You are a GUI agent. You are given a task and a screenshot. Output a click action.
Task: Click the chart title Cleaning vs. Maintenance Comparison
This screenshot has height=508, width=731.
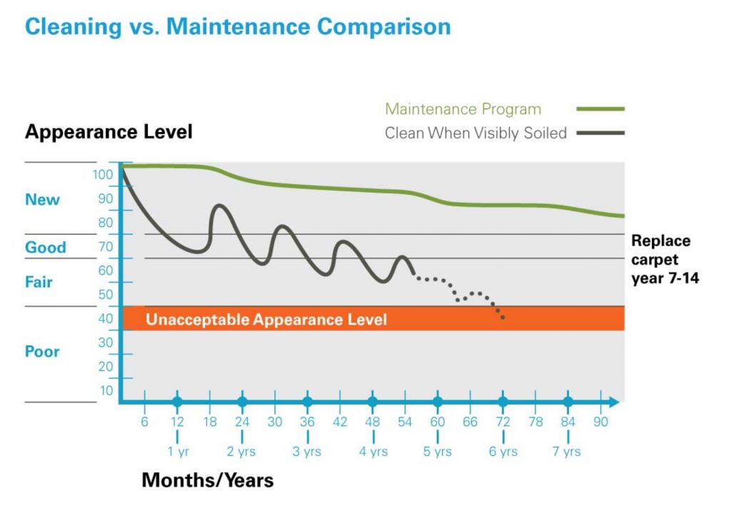pyautogui.click(x=238, y=26)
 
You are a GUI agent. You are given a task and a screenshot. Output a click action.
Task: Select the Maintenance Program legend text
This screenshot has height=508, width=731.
pyautogui.click(x=463, y=109)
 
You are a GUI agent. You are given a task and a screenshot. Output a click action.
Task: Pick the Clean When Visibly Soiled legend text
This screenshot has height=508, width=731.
pyautogui.click(x=475, y=133)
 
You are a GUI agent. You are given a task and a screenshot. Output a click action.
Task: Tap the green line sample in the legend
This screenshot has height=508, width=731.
pyautogui.click(x=600, y=109)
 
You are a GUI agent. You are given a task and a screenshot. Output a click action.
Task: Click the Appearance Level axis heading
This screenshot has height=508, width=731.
pyautogui.click(x=109, y=132)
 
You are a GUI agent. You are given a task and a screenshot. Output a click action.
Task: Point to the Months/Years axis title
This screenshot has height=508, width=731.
pyautogui.click(x=208, y=480)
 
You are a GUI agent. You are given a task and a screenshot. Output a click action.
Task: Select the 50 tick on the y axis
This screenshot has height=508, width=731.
pyautogui.click(x=106, y=295)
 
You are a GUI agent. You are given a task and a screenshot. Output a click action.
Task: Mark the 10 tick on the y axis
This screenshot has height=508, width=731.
pyautogui.click(x=106, y=390)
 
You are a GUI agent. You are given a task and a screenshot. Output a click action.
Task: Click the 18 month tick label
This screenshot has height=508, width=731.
pyautogui.click(x=210, y=422)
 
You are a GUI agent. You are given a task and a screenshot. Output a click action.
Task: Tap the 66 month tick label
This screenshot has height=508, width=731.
pyautogui.click(x=470, y=422)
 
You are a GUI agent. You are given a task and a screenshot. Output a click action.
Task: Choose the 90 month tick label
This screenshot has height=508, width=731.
pyautogui.click(x=600, y=422)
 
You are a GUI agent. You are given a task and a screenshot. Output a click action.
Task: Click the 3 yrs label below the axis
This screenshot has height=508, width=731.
pyautogui.click(x=307, y=452)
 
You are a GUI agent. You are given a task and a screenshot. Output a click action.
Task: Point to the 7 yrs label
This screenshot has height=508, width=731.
pyautogui.click(x=568, y=452)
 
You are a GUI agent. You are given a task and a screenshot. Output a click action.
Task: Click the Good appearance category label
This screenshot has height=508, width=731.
pyautogui.click(x=46, y=248)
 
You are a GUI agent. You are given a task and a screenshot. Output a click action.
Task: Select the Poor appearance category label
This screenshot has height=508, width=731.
pyautogui.click(x=43, y=352)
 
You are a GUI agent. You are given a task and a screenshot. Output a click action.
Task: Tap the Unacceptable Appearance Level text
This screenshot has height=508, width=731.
pyautogui.click(x=266, y=319)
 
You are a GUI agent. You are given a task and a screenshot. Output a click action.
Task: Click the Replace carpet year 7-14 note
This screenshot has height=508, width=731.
pyautogui.click(x=664, y=260)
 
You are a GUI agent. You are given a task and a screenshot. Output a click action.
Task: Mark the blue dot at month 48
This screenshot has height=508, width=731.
pyautogui.click(x=372, y=402)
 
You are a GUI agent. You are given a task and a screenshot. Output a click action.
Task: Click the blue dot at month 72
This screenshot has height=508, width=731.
pyautogui.click(x=503, y=402)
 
